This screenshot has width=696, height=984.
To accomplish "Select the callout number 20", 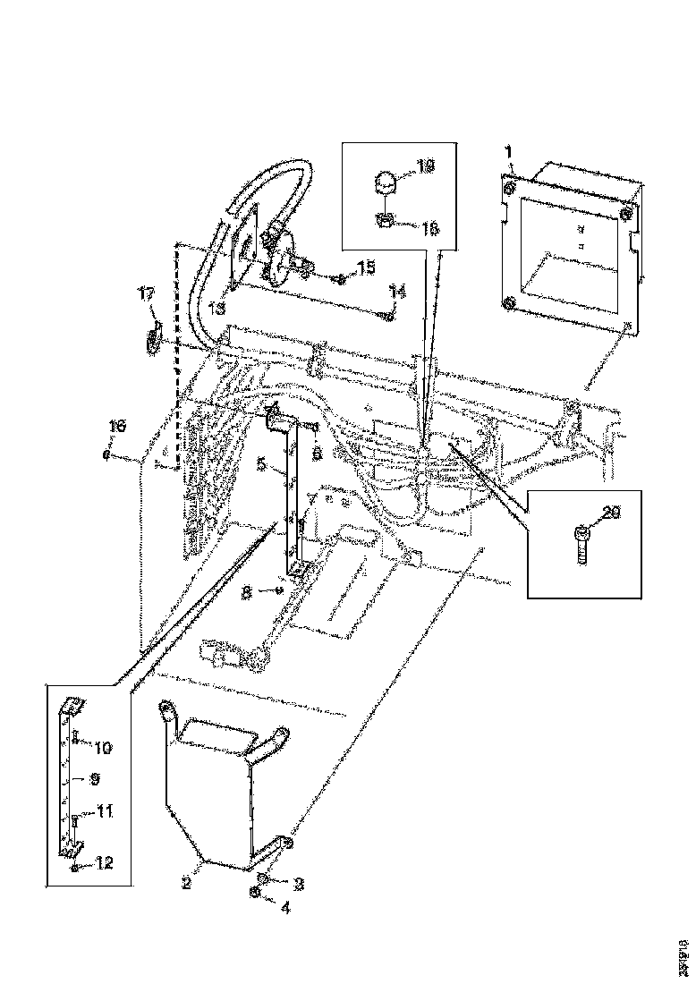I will coord(610,513).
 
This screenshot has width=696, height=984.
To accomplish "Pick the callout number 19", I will coord(426,165).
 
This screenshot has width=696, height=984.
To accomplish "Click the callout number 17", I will coord(145,293).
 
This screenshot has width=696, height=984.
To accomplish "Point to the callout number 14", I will coord(397,291).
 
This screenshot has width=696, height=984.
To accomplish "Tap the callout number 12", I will coord(106,863).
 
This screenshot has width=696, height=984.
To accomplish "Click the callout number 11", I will coord(105,812).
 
